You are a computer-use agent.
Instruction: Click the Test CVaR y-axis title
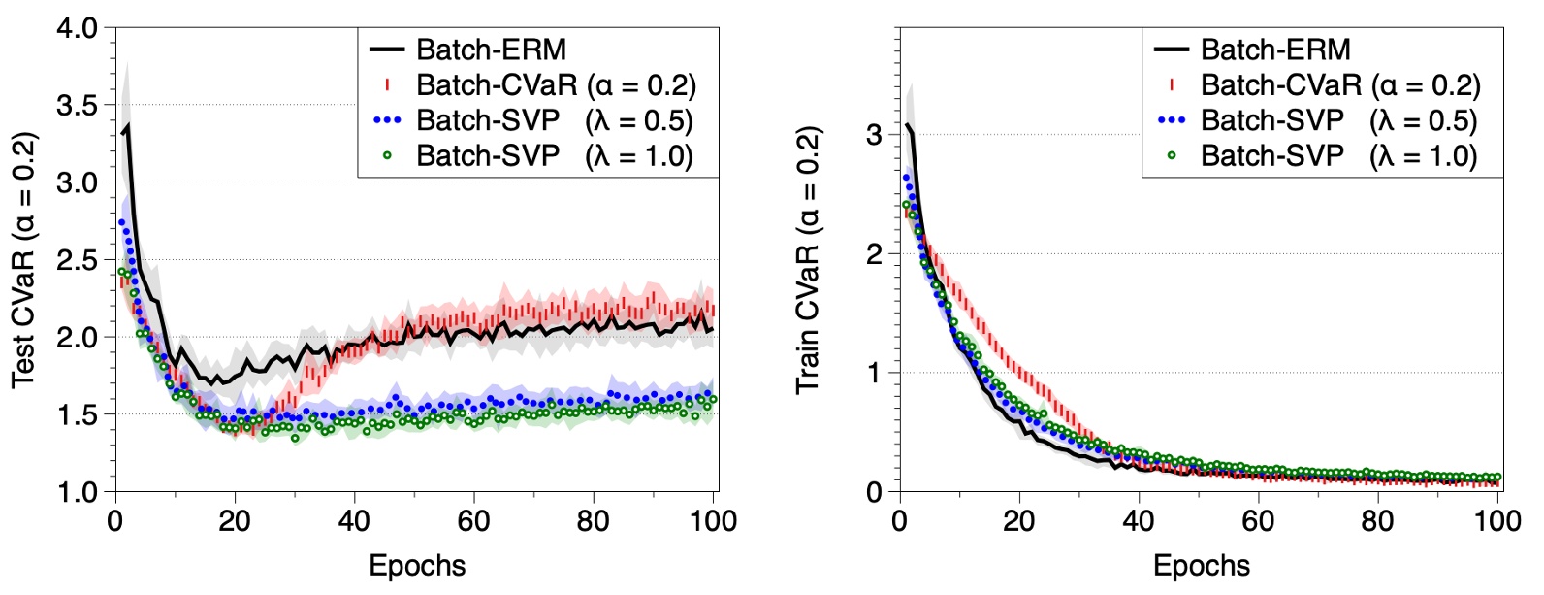(x=23, y=260)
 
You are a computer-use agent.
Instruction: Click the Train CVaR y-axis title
(x=808, y=260)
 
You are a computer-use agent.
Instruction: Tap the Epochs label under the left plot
(x=417, y=566)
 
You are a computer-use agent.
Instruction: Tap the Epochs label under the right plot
(x=1202, y=566)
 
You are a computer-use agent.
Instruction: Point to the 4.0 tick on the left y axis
(x=78, y=28)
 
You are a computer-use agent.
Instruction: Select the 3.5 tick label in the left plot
(x=78, y=105)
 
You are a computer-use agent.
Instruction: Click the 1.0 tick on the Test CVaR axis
(x=78, y=492)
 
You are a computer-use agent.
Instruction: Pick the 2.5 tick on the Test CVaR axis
(x=78, y=260)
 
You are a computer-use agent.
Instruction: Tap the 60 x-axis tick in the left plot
(x=473, y=521)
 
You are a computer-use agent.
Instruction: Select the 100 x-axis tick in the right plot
(x=1497, y=521)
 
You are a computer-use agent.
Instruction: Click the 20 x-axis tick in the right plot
(x=1019, y=521)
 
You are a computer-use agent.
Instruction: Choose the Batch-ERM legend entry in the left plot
(x=491, y=50)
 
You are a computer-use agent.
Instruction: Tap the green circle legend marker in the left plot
(x=388, y=155)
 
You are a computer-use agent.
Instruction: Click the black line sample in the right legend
(x=1172, y=50)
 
